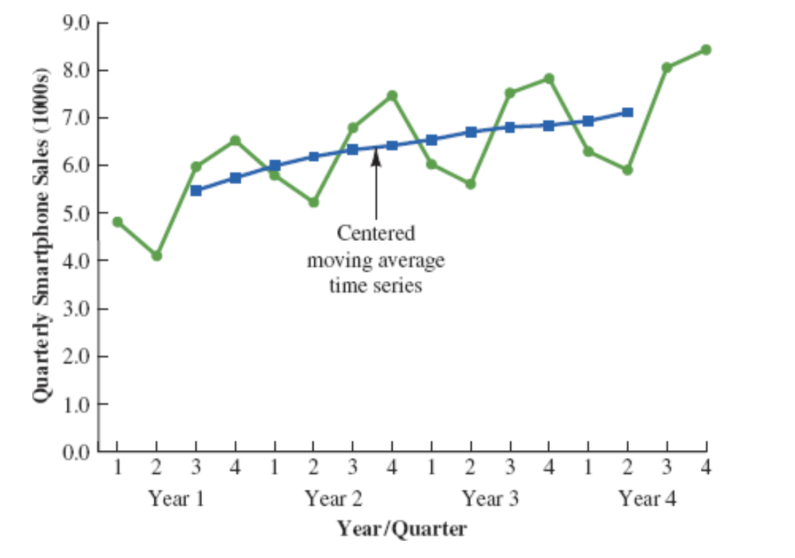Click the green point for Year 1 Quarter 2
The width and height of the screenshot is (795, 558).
(157, 255)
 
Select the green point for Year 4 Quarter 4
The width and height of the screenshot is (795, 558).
(706, 50)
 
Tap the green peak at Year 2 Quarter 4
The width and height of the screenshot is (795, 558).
(392, 96)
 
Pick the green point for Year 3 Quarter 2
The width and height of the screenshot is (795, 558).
(471, 184)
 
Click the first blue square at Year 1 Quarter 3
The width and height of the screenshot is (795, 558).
(196, 191)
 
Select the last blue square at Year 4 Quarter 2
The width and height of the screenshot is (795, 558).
(628, 112)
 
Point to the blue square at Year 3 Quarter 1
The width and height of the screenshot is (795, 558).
(431, 139)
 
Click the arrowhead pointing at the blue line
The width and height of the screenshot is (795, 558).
(376, 157)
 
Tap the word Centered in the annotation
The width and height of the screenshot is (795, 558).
(376, 234)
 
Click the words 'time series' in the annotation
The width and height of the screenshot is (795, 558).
(376, 285)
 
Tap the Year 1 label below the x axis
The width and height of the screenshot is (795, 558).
(176, 498)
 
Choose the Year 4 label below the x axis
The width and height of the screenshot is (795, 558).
(648, 498)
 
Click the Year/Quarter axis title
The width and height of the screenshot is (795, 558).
(403, 530)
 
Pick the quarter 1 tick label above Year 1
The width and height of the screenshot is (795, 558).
(117, 468)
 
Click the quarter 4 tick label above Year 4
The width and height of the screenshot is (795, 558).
(706, 468)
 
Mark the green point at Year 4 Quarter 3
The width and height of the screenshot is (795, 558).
(667, 68)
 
